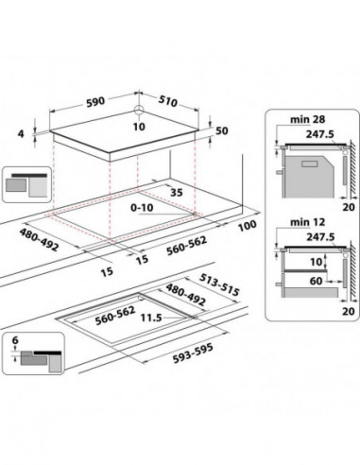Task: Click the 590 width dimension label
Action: pyautogui.click(x=94, y=101)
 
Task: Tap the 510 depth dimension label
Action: pyautogui.click(x=168, y=101)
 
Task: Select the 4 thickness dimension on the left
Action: pyautogui.click(x=21, y=134)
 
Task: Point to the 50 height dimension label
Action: pyautogui.click(x=222, y=130)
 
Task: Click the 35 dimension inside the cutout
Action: pyautogui.click(x=177, y=192)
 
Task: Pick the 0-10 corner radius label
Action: pyautogui.click(x=142, y=208)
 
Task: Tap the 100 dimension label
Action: pyautogui.click(x=247, y=226)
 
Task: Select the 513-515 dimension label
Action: pyautogui.click(x=219, y=284)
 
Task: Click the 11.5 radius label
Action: pyautogui.click(x=151, y=318)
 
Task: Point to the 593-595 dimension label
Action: pyautogui.click(x=193, y=353)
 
